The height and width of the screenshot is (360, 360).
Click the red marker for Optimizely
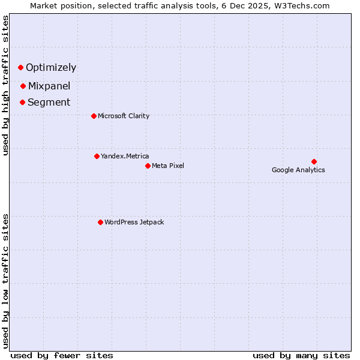(20, 67)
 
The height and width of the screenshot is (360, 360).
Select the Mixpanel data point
(23, 86)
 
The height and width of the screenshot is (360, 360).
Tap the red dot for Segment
(22, 102)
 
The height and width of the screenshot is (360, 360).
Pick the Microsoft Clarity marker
(94, 116)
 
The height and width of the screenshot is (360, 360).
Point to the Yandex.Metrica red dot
(97, 156)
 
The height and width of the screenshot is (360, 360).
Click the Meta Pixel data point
(148, 166)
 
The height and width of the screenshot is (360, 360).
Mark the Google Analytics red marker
(314, 161)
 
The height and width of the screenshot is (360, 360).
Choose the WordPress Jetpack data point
(100, 222)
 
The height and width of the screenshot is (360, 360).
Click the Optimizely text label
(51, 68)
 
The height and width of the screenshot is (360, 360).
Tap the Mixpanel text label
(49, 86)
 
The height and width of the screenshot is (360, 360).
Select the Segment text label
(49, 102)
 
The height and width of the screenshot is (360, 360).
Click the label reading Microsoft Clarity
(124, 116)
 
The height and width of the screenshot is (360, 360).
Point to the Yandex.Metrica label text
(125, 156)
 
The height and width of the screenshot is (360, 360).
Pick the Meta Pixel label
(168, 166)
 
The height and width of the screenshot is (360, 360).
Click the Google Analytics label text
(298, 170)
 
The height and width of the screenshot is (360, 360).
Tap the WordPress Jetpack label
(134, 222)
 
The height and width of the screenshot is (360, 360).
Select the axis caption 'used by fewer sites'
(62, 355)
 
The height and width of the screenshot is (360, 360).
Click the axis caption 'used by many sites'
(301, 355)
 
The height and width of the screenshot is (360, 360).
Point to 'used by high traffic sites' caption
(6, 85)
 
